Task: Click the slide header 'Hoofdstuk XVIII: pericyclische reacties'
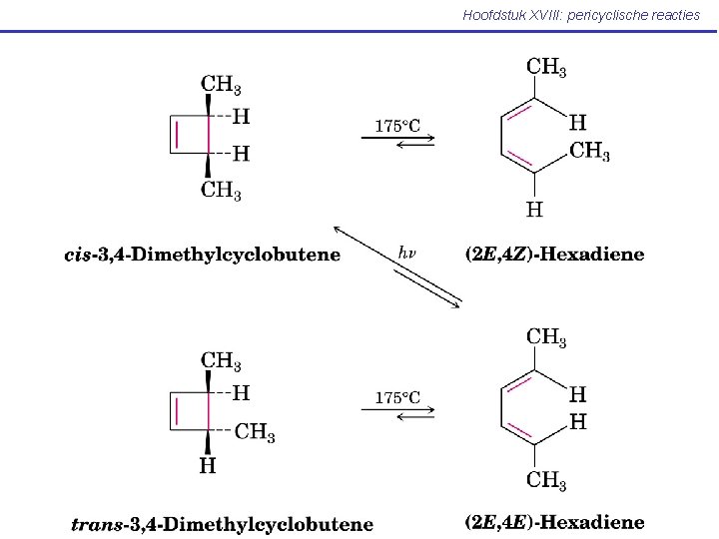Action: point(581,15)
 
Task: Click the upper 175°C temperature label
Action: point(397,126)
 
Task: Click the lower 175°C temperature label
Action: point(397,397)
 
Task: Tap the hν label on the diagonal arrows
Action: point(407,253)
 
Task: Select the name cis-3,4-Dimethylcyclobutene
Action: point(202,255)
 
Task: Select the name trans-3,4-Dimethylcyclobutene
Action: point(222,523)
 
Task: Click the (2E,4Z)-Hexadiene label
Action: point(555,255)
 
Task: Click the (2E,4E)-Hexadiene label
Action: point(555,522)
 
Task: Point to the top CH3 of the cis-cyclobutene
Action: point(221,85)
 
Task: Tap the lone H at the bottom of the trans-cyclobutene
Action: point(208,465)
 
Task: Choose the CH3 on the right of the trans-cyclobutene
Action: point(255,432)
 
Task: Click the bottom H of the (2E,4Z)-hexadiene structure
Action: point(535,210)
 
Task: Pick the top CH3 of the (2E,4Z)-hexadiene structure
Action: point(546,68)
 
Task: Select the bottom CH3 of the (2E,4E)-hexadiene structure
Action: point(546,481)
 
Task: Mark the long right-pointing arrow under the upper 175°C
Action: point(397,138)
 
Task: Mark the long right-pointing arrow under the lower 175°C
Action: point(397,408)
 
